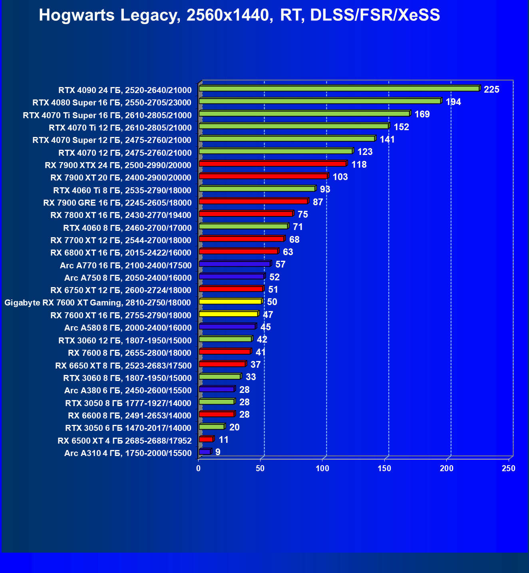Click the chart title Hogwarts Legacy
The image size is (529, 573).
pyautogui.click(x=239, y=16)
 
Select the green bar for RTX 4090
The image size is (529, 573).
pyautogui.click(x=339, y=89)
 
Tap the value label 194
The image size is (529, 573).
pyautogui.click(x=453, y=102)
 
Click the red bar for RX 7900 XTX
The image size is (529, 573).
pyautogui.click(x=272, y=164)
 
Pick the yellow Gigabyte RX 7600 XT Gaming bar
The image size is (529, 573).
pyautogui.click(x=230, y=301)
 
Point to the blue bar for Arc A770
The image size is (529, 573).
pyautogui.click(x=235, y=264)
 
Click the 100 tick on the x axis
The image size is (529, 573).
pyautogui.click(x=322, y=468)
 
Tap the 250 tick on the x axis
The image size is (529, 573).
pyautogui.click(x=509, y=468)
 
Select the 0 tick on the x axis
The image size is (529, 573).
pyautogui.click(x=199, y=468)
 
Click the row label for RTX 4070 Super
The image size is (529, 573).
pyautogui.click(x=112, y=140)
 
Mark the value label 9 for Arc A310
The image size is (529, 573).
pyautogui.click(x=218, y=452)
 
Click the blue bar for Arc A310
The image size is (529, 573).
pyautogui.click(x=205, y=452)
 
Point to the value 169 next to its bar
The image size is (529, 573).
pyautogui.click(x=422, y=115)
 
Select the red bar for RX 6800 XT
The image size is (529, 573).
pyautogui.click(x=238, y=251)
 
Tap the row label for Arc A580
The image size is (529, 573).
pyautogui.click(x=128, y=328)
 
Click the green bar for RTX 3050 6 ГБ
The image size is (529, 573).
pyautogui.click(x=211, y=427)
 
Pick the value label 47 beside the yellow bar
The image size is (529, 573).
pyautogui.click(x=268, y=315)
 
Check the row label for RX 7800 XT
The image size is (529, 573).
pyautogui.click(x=121, y=215)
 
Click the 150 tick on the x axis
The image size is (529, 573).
pyautogui.click(x=385, y=468)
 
